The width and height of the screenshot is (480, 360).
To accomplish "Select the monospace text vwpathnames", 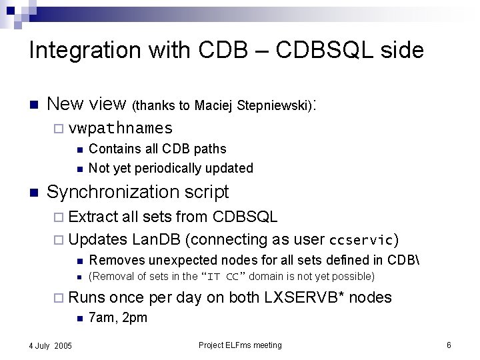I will click(x=121, y=128).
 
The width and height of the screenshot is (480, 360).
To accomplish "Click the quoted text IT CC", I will click(x=223, y=277).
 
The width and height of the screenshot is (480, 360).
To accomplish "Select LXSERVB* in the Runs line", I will click(x=309, y=297).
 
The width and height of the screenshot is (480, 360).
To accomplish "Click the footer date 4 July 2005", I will click(x=51, y=345).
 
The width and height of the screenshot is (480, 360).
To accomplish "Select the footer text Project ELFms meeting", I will click(x=240, y=345).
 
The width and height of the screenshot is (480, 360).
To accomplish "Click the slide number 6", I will click(x=449, y=345).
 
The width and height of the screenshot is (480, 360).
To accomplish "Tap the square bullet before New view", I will click(x=33, y=105).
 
